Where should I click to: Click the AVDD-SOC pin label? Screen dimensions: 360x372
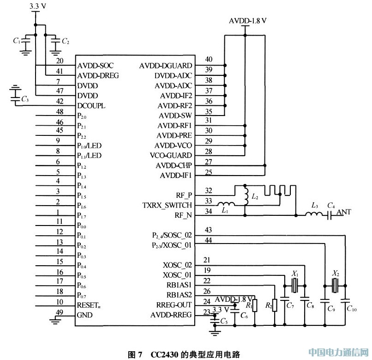pos(95,66)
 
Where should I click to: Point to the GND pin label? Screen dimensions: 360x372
pos(85,315)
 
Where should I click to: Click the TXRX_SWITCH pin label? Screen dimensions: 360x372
pos(167,205)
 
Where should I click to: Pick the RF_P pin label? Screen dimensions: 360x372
pos(183,195)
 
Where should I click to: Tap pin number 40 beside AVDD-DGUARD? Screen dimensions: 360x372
pos(209,59)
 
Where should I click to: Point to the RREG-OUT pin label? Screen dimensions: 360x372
pos(172,305)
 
